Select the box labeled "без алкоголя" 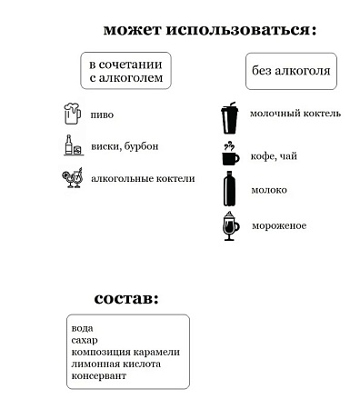point(288,70)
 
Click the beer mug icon point(72,115)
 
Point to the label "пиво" point(103,115)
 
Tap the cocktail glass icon point(72,178)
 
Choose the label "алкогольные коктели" point(143,178)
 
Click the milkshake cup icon point(230,115)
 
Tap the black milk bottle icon point(231,189)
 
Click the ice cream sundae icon point(231,225)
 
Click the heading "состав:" point(126,298)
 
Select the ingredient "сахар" point(85,340)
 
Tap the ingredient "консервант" point(99,375)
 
